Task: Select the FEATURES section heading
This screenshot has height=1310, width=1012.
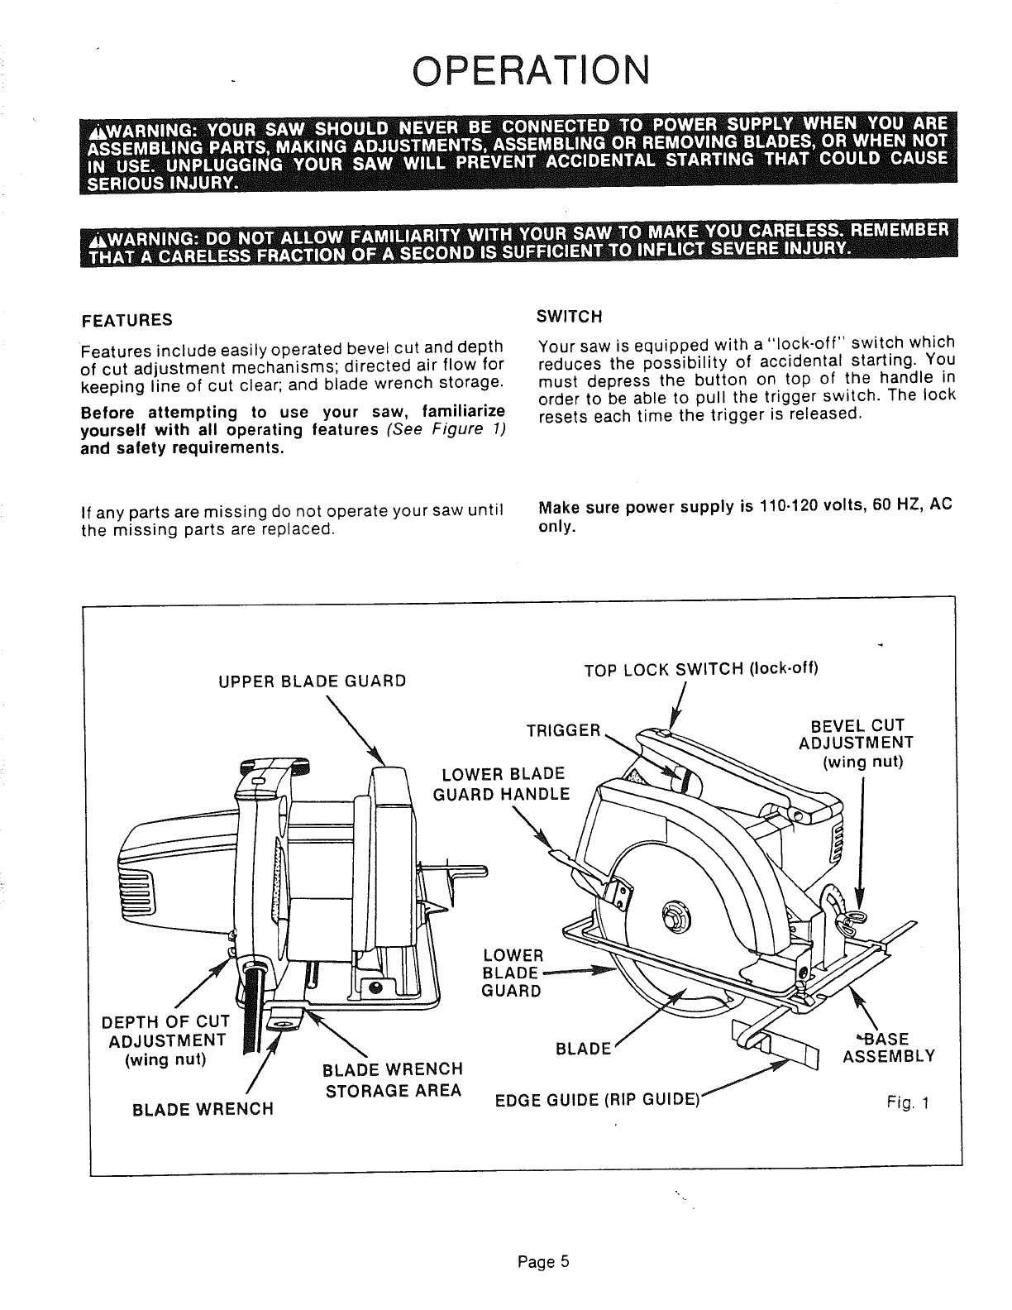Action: pyautogui.click(x=126, y=320)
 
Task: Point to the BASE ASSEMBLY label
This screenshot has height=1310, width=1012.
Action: pyautogui.click(x=889, y=1047)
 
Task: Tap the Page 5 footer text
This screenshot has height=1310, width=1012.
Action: pyautogui.click(x=543, y=1261)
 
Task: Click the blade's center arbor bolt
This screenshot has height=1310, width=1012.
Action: pyautogui.click(x=671, y=913)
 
